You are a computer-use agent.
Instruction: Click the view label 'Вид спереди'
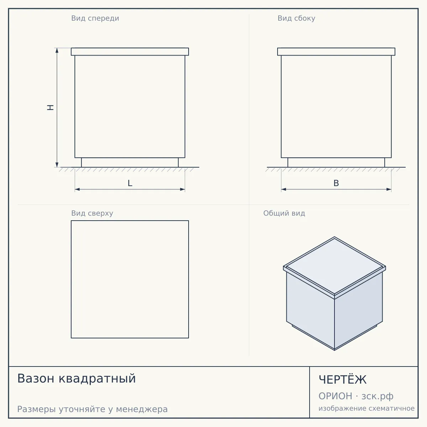[95, 19]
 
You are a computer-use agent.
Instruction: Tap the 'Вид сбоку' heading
[296, 19]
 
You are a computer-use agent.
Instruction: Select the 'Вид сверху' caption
[92, 213]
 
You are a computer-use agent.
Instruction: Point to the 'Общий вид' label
[284, 213]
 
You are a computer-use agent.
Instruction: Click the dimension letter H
[51, 107]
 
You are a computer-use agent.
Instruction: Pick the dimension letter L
[130, 183]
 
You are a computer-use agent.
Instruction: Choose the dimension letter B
[336, 183]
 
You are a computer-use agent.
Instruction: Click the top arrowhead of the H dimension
[57, 50]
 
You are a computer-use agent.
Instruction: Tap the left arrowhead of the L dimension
[77, 189]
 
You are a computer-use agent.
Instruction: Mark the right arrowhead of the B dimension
[389, 189]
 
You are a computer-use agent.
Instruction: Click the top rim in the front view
[130, 52]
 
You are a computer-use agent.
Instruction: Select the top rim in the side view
[336, 52]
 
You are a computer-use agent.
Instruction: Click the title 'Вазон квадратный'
[77, 378]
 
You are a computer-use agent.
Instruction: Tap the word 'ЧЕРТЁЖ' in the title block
[343, 380]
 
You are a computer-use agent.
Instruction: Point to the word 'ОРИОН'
[335, 396]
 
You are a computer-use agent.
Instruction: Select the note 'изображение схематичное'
[367, 408]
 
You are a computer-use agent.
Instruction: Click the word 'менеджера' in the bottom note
[142, 410]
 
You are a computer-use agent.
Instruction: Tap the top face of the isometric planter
[334, 266]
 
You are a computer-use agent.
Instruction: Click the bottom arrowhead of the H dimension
[57, 165]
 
